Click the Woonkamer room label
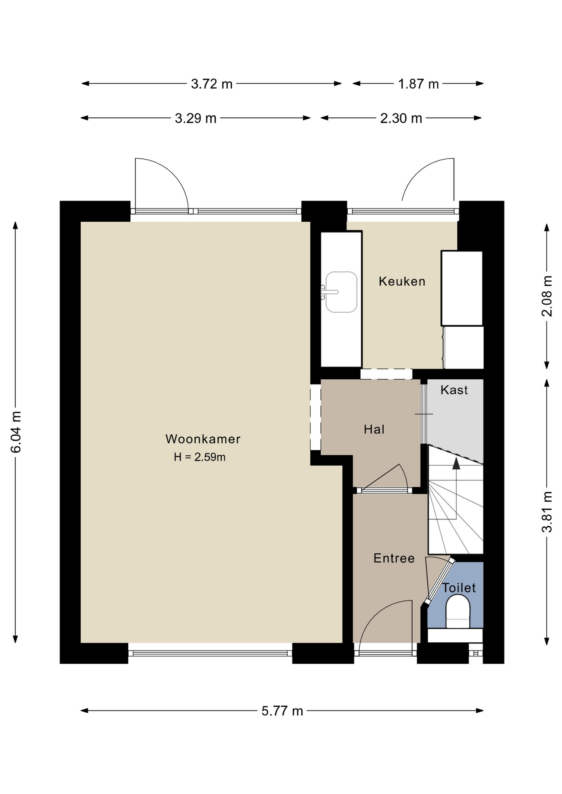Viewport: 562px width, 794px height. point(203,439)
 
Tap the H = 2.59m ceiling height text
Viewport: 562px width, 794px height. point(199,457)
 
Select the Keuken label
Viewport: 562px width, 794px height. point(402,281)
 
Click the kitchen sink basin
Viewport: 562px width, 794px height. point(341,292)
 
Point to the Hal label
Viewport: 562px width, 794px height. point(374,429)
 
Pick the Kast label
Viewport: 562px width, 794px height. point(454,390)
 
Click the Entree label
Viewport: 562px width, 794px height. point(394,558)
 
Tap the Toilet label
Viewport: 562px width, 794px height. point(459,588)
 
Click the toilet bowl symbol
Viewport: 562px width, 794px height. point(458,611)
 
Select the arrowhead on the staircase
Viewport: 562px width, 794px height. point(456,463)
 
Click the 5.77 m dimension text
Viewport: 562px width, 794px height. point(282,711)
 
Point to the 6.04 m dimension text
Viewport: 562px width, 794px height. point(16,432)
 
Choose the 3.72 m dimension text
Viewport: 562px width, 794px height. point(211,84)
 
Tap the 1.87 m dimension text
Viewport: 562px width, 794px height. point(418,84)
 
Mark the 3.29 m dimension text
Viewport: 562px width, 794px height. point(195,118)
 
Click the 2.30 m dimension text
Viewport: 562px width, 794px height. point(401,118)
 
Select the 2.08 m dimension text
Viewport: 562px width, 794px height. point(547,296)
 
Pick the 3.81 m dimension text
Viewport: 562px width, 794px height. point(547,512)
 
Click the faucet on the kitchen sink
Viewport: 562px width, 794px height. point(329,292)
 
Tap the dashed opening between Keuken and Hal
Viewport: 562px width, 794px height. point(386,374)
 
